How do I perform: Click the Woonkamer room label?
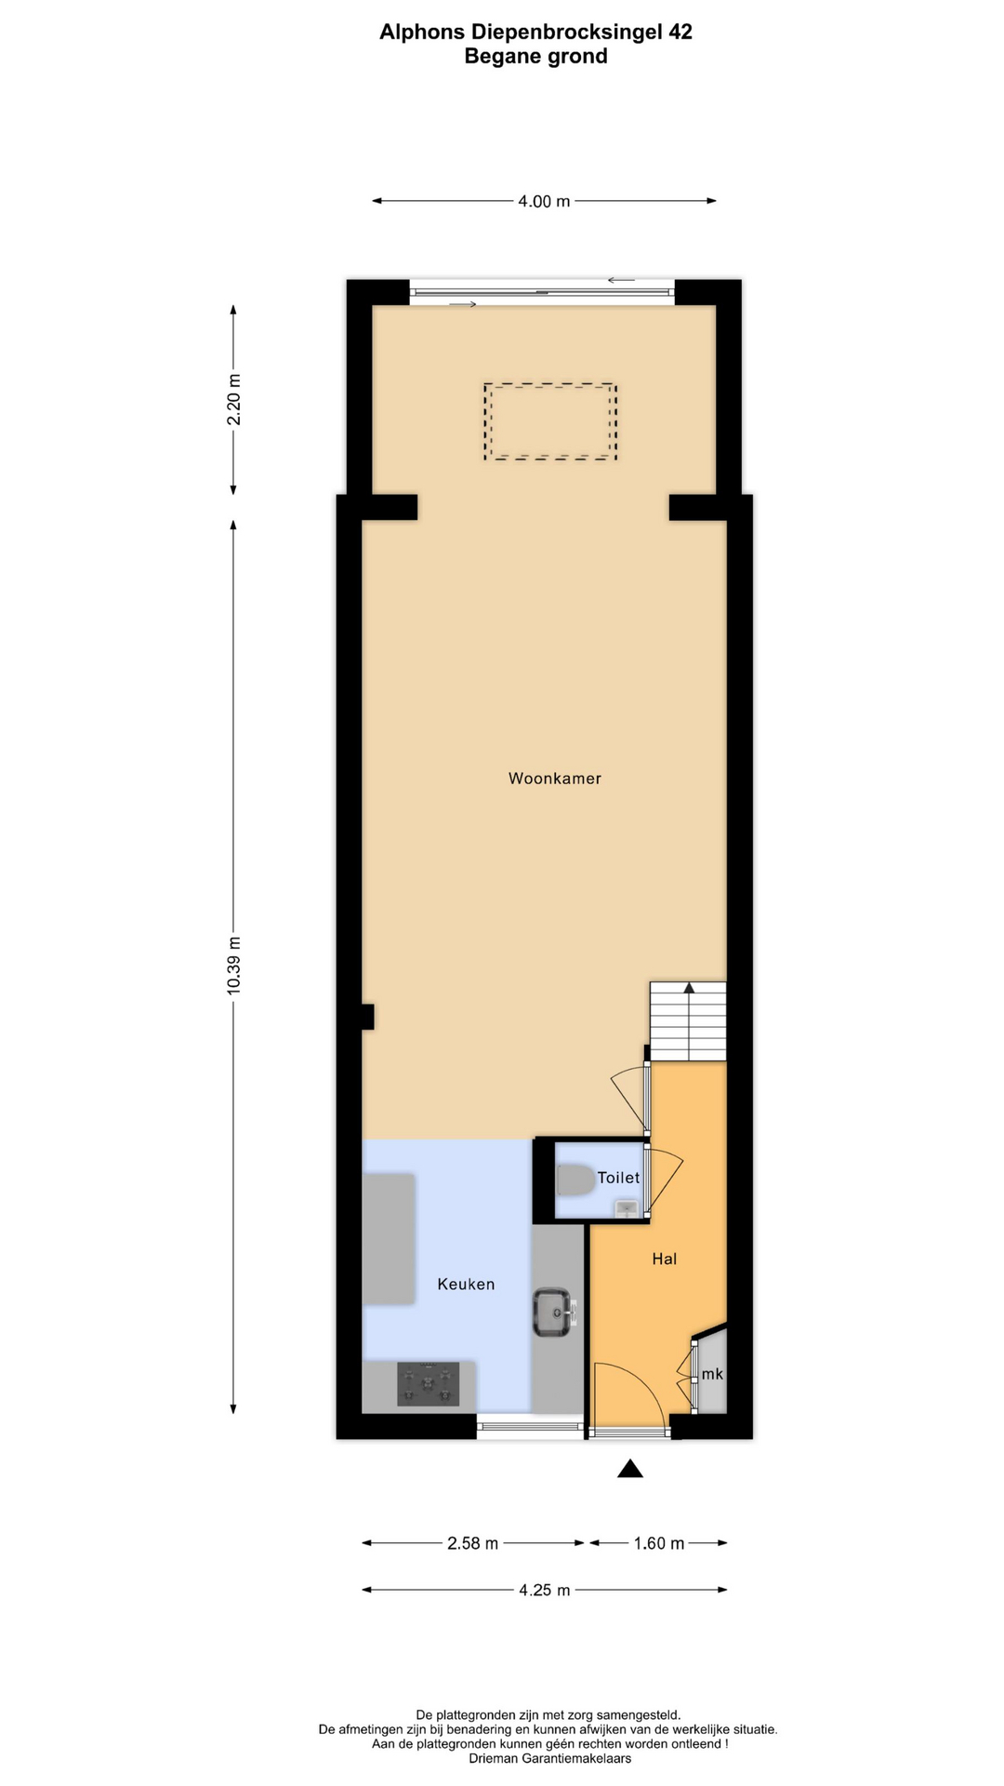[554, 779]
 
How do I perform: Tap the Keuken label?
[466, 1284]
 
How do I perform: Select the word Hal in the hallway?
[664, 1259]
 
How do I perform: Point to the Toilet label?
[618, 1178]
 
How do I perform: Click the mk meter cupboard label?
[712, 1374]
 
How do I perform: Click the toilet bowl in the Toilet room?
[575, 1180]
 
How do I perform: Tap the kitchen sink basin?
[553, 1313]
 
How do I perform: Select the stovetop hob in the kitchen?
[429, 1383]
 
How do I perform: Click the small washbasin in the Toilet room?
[626, 1207]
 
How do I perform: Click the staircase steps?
[688, 1021]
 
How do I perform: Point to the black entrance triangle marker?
[630, 1469]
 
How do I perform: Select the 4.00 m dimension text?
[544, 201]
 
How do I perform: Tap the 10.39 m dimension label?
[233, 966]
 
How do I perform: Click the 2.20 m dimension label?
[233, 400]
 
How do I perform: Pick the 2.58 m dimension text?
[472, 1543]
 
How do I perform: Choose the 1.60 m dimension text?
[659, 1543]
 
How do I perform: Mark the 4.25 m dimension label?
[545, 1590]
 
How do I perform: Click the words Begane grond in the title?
[536, 57]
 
